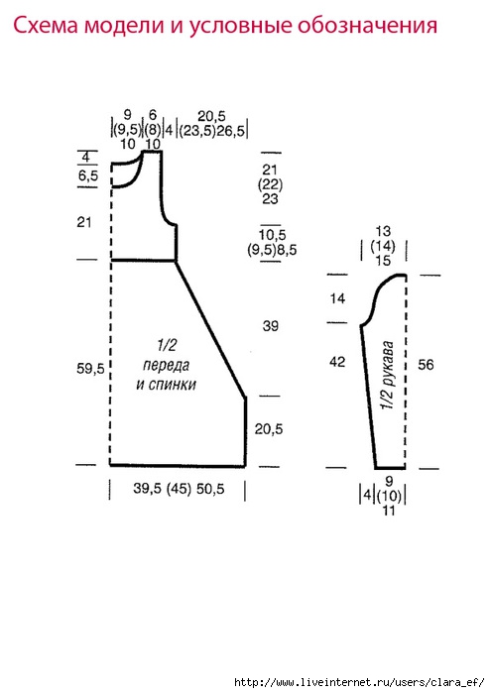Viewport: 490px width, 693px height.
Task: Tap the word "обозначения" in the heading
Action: (367, 26)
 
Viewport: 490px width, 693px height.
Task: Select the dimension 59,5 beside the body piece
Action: (90, 368)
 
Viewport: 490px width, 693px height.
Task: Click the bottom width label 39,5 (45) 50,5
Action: (179, 489)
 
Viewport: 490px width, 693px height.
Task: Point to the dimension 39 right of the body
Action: (270, 326)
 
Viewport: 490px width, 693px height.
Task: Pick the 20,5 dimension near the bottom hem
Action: (269, 428)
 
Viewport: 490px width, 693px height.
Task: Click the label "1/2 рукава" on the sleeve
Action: (388, 375)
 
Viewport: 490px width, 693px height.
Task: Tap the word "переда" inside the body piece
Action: (167, 366)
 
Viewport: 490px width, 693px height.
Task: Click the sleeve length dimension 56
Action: (426, 365)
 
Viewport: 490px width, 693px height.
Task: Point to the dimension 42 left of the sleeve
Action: (337, 362)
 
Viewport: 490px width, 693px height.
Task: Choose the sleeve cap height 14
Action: (337, 298)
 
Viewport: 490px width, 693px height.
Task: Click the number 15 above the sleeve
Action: (383, 261)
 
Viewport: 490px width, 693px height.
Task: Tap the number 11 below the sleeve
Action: (388, 511)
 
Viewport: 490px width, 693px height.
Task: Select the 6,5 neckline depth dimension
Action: (88, 175)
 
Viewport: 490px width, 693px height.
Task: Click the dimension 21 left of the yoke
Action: (84, 221)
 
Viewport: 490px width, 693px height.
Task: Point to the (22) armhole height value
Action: (270, 184)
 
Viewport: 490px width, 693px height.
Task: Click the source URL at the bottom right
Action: (359, 682)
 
